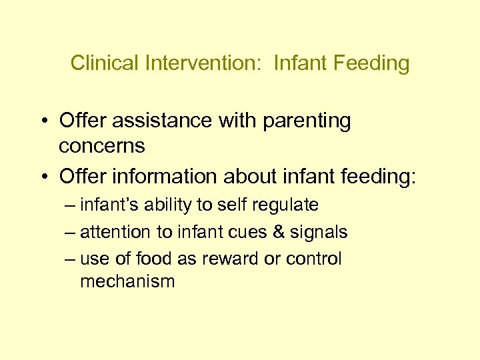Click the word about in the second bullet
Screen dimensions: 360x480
(x=248, y=177)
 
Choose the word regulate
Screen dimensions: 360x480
(x=285, y=205)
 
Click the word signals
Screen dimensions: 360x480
(x=319, y=232)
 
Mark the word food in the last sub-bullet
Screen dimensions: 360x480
(x=152, y=259)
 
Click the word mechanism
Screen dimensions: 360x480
(x=127, y=281)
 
